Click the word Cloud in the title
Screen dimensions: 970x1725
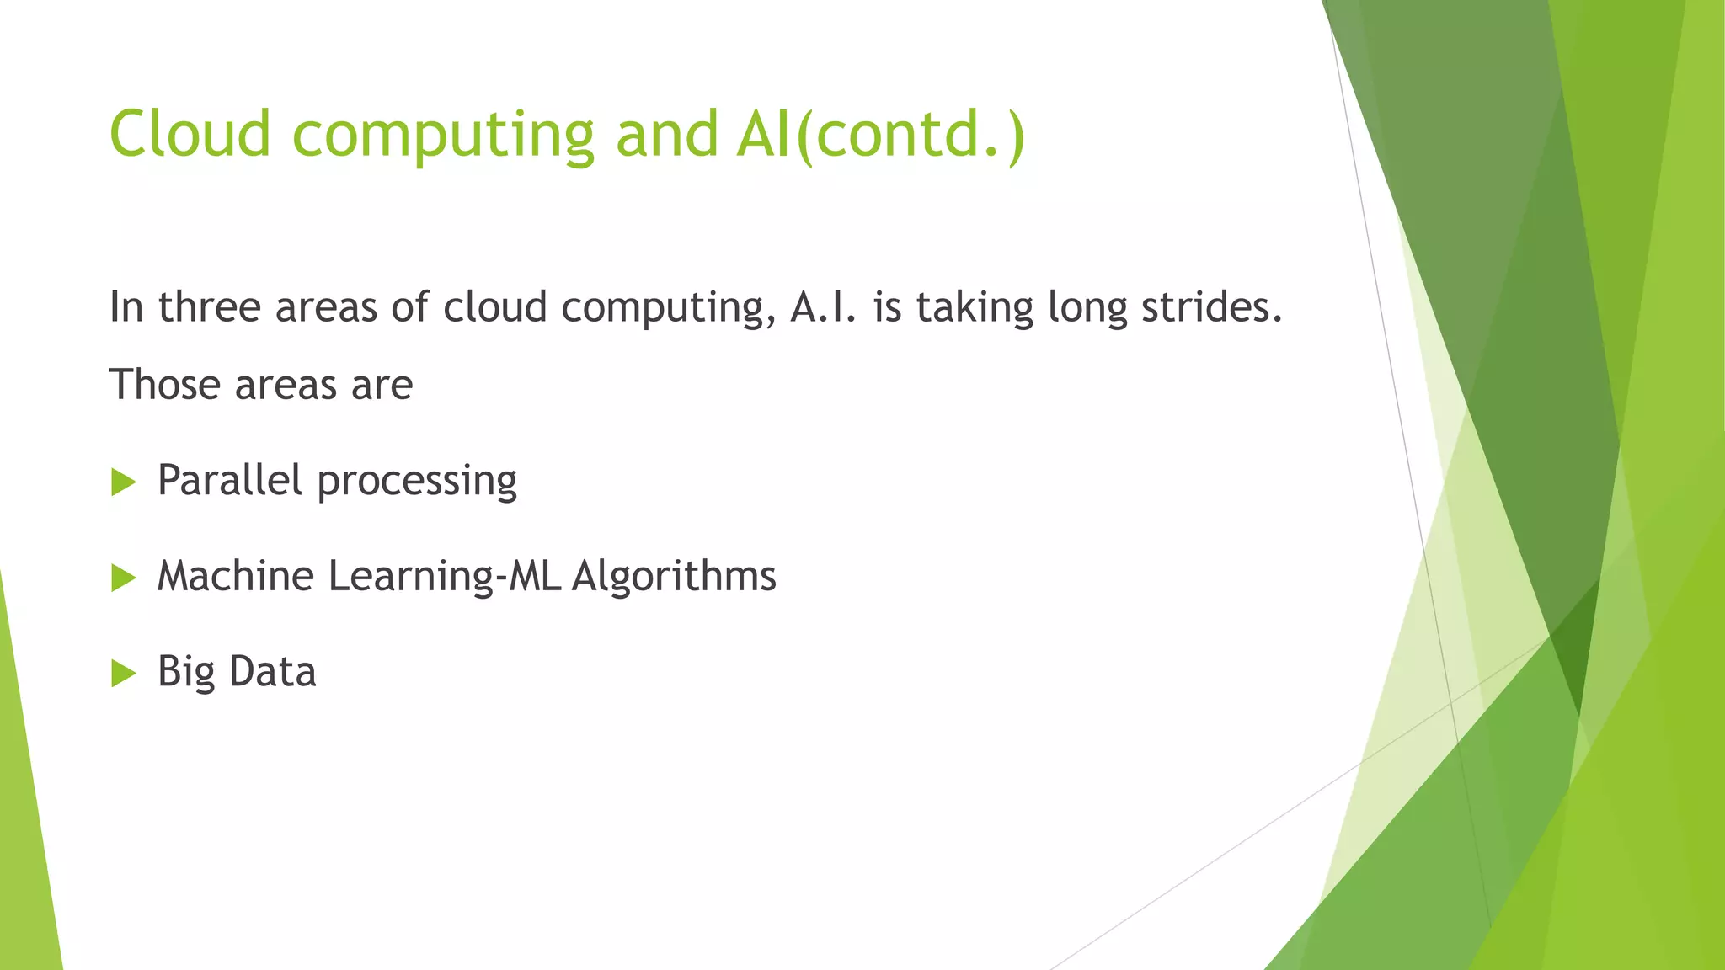pos(190,134)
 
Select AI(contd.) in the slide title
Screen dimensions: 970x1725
pos(879,135)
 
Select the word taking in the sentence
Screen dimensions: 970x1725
pos(975,309)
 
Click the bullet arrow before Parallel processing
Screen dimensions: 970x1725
pos(123,482)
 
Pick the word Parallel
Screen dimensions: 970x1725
pos(229,481)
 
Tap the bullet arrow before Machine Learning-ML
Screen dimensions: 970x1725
pos(123,578)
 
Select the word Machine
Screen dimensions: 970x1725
pos(236,577)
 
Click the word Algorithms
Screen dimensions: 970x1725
pos(674,578)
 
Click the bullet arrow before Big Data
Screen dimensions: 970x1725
pos(123,673)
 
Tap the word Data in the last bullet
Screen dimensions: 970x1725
pos(272,672)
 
